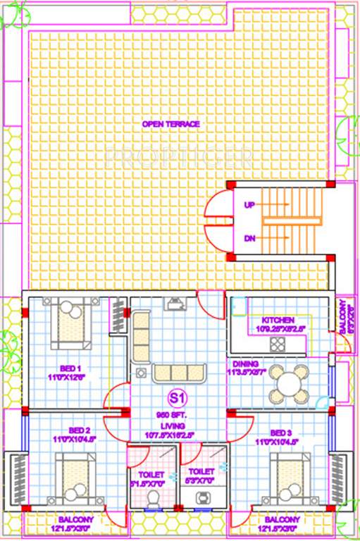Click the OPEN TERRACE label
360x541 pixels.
pos(170,124)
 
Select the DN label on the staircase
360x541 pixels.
pos(249,238)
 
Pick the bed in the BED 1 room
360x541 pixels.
pos(71,323)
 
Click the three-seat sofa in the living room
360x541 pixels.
pos(178,374)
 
